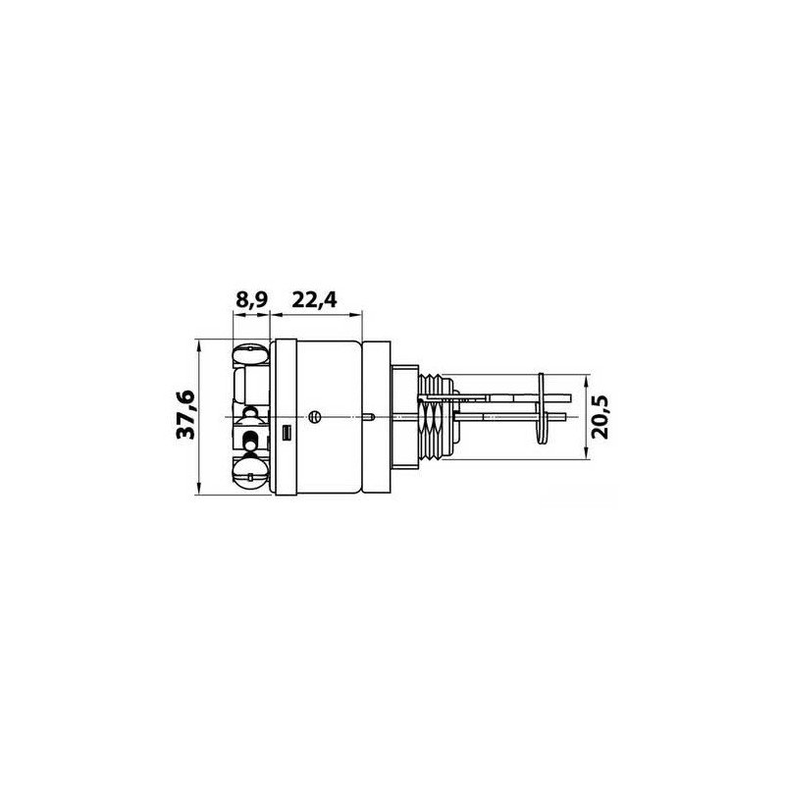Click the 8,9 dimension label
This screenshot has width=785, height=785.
point(252,300)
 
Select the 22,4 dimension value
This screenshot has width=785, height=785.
point(314,300)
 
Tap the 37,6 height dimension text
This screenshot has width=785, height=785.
point(185,415)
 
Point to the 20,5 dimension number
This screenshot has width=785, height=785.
point(600,417)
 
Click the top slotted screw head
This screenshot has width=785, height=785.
point(251,354)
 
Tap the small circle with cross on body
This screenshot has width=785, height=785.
point(315,416)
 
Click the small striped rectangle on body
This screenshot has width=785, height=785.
point(287,433)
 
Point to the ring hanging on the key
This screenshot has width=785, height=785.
point(542,408)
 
